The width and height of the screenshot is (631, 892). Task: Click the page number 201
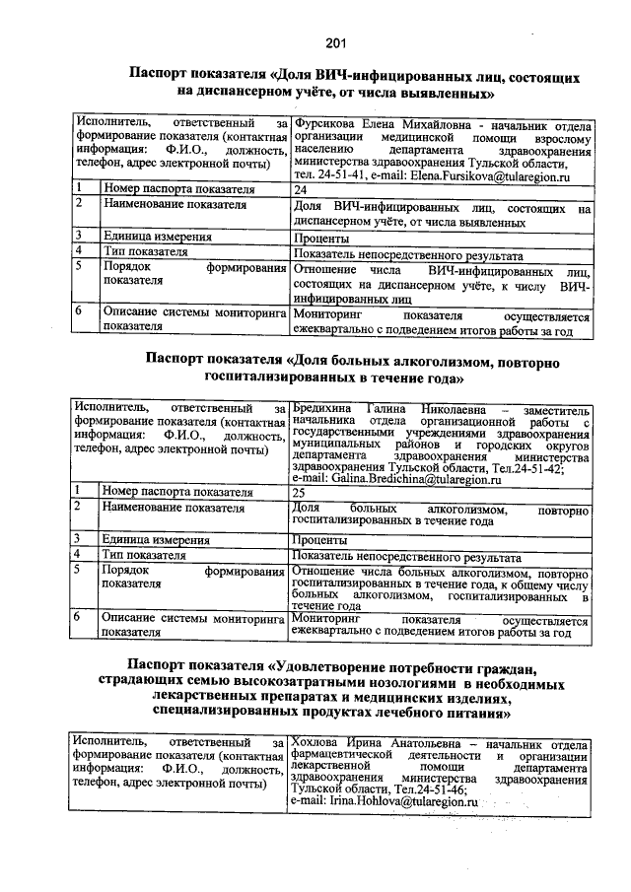point(335,41)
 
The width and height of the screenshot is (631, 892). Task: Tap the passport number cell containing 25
point(301,491)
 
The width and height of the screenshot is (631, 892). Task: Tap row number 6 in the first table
point(79,311)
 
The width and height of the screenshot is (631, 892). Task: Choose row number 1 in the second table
point(79,491)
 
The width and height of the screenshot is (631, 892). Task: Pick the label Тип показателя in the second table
point(145,556)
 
